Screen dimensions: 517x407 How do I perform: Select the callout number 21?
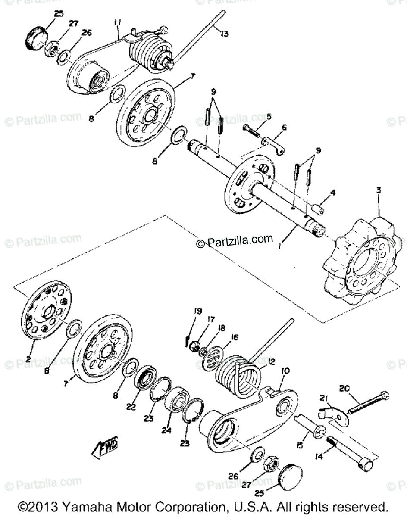click(324, 398)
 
